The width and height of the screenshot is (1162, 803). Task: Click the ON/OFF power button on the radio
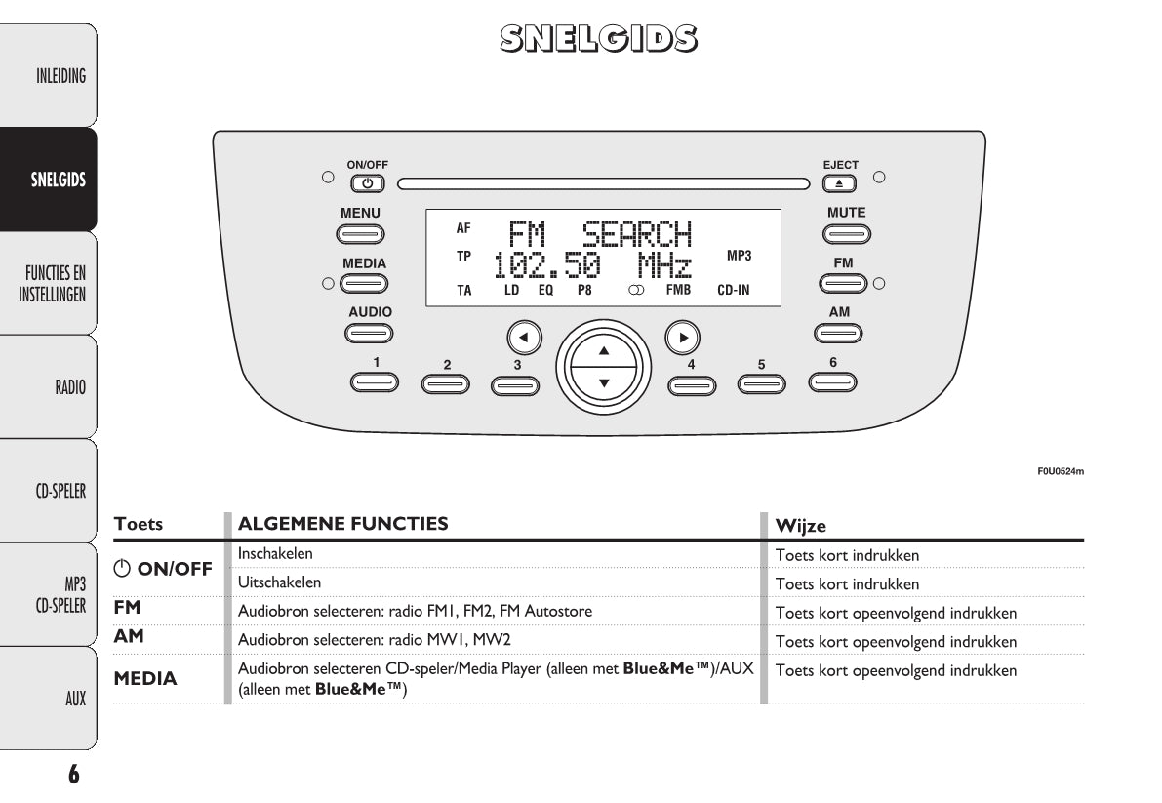(x=367, y=182)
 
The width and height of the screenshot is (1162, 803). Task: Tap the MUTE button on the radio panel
(x=845, y=234)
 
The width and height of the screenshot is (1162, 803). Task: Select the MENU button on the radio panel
(x=360, y=234)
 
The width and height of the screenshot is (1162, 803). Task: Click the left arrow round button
(x=524, y=338)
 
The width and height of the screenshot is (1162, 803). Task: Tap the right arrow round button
(x=683, y=338)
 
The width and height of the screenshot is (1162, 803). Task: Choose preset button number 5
(x=762, y=383)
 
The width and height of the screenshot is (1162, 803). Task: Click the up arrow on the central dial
(x=603, y=349)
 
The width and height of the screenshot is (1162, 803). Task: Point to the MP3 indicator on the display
(x=740, y=256)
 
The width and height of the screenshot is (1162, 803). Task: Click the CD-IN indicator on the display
(x=734, y=290)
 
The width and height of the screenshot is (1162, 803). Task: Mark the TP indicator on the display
(x=463, y=256)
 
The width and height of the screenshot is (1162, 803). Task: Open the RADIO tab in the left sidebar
(x=69, y=387)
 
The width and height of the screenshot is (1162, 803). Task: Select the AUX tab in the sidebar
(x=75, y=699)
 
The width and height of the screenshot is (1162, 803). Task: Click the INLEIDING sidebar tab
(x=60, y=76)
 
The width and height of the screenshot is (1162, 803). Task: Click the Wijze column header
(x=800, y=525)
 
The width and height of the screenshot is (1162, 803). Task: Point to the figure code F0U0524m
(x=1061, y=472)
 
